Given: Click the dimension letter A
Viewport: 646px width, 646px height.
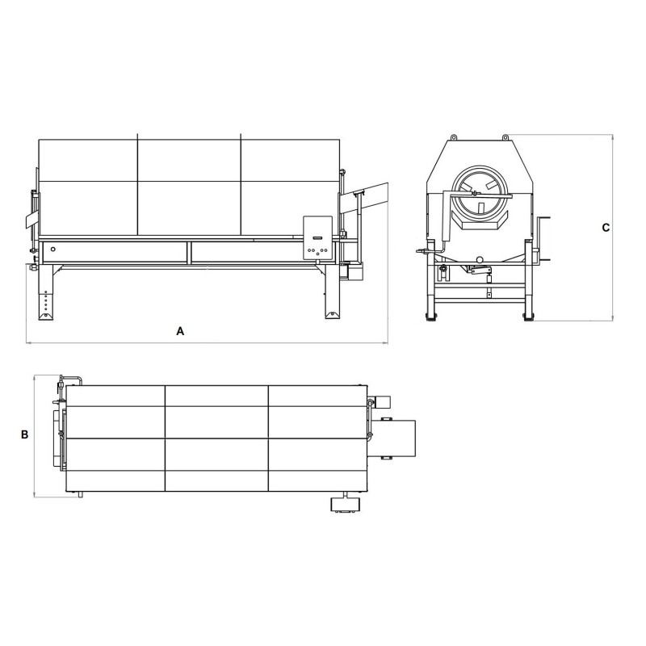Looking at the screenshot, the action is [180, 331].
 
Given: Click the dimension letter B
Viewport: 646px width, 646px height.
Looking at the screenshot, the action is [25, 434].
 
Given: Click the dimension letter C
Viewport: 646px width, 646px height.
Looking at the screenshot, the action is [606, 228].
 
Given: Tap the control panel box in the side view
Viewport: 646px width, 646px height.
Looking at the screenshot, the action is [317, 237].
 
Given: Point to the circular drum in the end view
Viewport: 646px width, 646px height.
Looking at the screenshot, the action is [479, 194].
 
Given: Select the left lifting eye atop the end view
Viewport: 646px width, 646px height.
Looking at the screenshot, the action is [453, 137].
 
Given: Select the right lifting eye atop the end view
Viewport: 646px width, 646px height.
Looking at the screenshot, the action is [505, 137].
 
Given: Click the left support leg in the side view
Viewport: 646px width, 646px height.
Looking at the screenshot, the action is [46, 292].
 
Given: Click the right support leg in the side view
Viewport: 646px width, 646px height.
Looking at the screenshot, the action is [332, 292].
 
